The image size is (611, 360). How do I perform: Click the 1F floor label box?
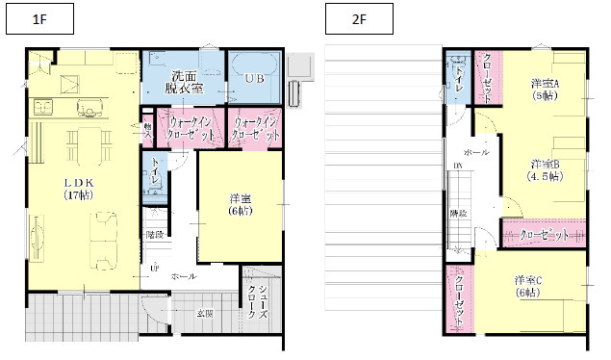[x=39, y=19]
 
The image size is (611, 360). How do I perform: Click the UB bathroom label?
[x=254, y=77]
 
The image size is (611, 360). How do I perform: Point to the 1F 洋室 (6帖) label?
[x=241, y=204]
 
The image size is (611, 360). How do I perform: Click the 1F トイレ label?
[x=154, y=171]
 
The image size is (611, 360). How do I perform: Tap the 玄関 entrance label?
[x=205, y=314]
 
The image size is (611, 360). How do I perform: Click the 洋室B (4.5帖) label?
[x=543, y=169]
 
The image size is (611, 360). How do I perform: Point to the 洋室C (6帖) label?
[x=528, y=286]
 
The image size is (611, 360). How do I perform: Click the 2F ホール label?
[x=476, y=153]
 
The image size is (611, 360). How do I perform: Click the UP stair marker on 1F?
[x=154, y=269]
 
